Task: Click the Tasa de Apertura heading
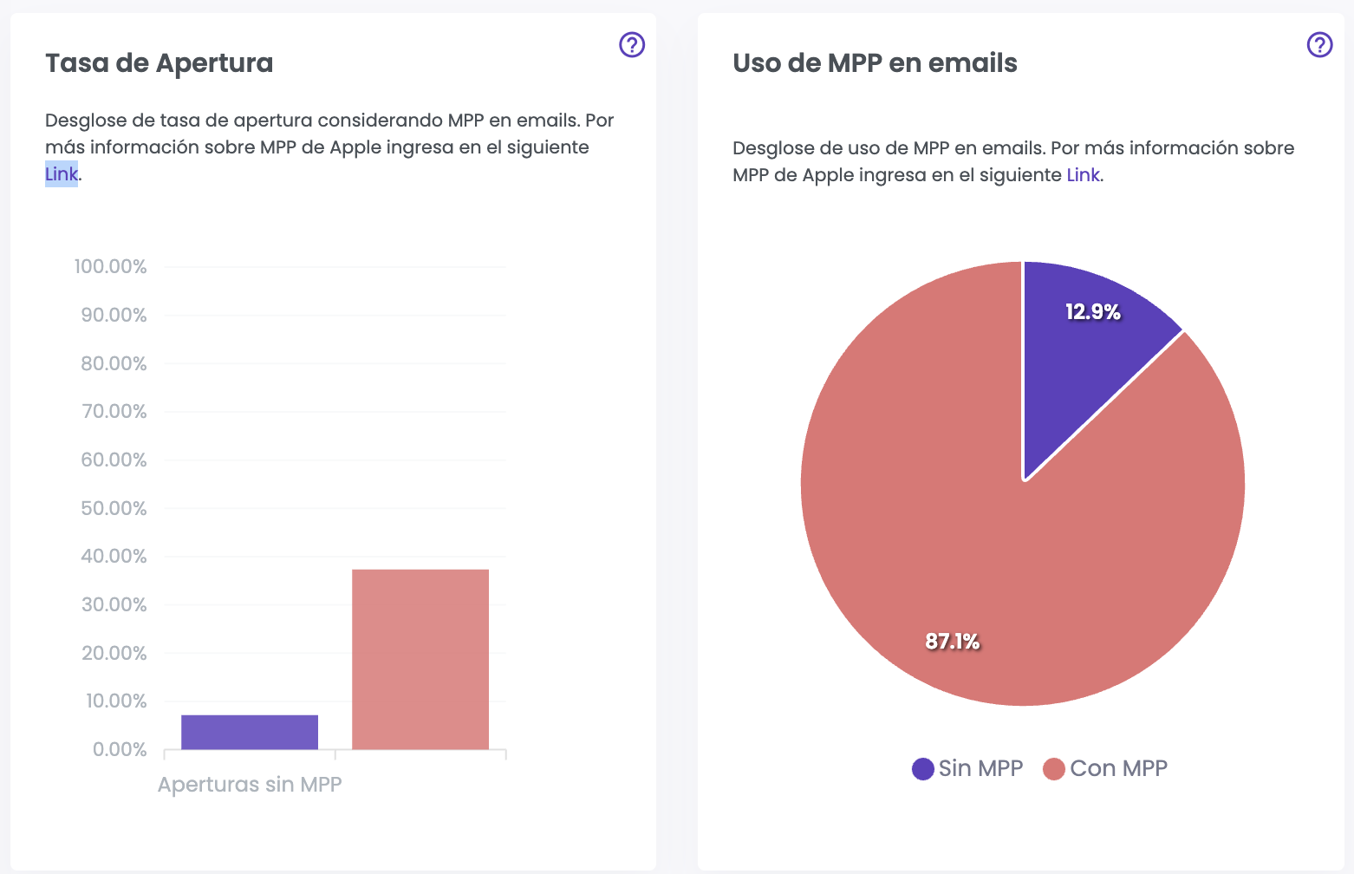(x=159, y=63)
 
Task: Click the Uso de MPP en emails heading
(x=875, y=63)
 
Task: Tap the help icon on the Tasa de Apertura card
(x=632, y=44)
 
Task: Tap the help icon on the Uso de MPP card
(x=1319, y=44)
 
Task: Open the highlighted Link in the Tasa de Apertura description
(x=62, y=174)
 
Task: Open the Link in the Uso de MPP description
(x=1083, y=175)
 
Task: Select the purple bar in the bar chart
(x=250, y=732)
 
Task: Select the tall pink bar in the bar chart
(x=420, y=659)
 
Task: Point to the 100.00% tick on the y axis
(x=111, y=267)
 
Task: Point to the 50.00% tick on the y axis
(x=114, y=508)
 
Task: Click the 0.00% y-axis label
(x=120, y=750)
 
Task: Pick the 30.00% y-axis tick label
(x=114, y=605)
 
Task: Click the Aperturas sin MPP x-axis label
(x=250, y=785)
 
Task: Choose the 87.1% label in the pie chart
(x=952, y=642)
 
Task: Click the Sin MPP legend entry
(x=968, y=768)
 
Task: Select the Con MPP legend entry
(x=1106, y=768)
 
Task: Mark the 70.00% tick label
(x=114, y=412)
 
